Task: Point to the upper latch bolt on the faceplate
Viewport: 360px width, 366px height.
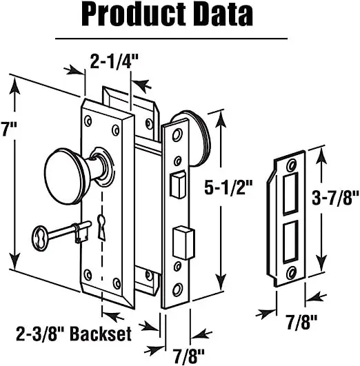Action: pyautogui.click(x=177, y=184)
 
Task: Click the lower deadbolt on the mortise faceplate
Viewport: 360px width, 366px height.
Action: pyautogui.click(x=180, y=240)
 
